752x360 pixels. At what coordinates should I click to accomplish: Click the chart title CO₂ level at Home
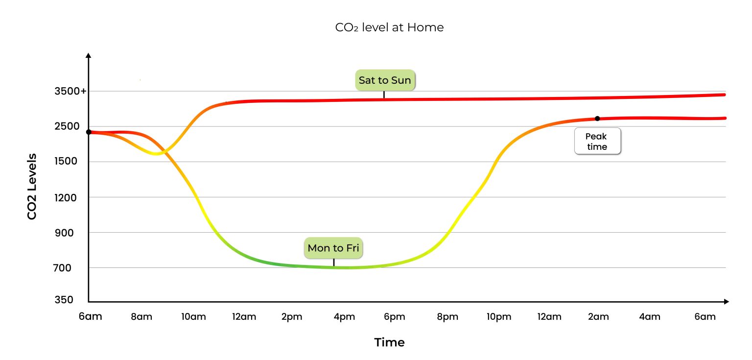pos(389,27)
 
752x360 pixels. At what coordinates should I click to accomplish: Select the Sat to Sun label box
pos(385,80)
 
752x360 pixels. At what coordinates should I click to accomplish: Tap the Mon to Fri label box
pos(333,248)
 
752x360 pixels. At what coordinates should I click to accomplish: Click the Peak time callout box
pos(597,142)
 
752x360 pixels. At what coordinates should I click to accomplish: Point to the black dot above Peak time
pos(597,119)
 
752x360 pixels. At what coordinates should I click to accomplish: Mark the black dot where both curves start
pos(89,132)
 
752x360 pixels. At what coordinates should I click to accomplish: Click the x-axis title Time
pos(389,342)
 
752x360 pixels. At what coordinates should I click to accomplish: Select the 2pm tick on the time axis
pos(292,317)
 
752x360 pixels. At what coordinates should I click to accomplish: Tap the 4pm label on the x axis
pos(344,317)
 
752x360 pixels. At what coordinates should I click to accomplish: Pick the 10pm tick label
pos(499,317)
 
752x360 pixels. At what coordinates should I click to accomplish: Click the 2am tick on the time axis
pos(598,317)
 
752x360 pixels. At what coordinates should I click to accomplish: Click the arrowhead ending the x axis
pos(727,302)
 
